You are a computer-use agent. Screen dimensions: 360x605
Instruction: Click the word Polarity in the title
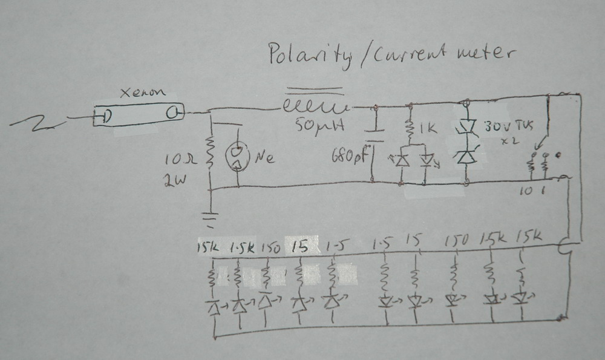[309, 56]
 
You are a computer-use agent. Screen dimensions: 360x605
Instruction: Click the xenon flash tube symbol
[138, 115]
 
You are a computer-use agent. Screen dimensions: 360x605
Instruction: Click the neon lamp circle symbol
[237, 157]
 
